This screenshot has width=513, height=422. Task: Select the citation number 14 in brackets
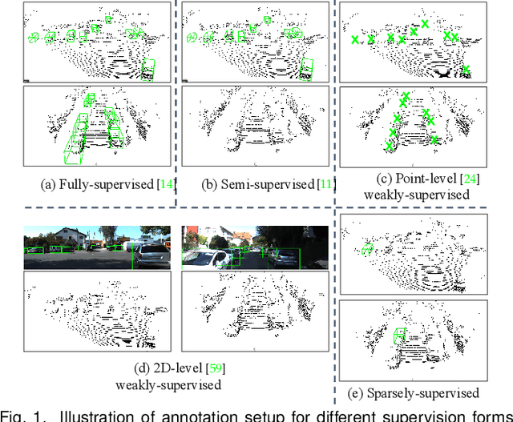pyautogui.click(x=167, y=184)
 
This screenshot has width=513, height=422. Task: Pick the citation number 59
pyautogui.click(x=215, y=368)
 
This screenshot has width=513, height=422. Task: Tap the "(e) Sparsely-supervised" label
pyautogui.click(x=422, y=392)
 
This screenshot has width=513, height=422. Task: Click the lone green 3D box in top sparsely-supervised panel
pyautogui.click(x=367, y=251)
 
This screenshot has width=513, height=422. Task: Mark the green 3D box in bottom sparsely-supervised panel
pyautogui.click(x=398, y=334)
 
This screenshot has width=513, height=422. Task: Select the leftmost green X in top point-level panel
pyautogui.click(x=354, y=39)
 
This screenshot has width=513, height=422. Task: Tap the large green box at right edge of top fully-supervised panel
pyautogui.click(x=147, y=70)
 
